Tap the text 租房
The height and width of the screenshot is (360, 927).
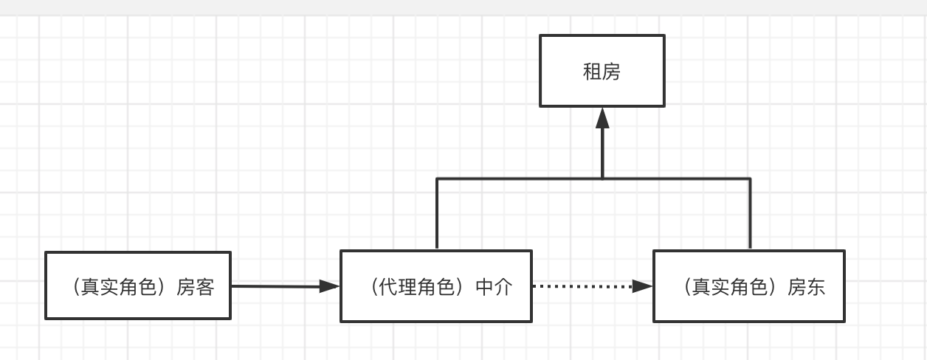(602, 72)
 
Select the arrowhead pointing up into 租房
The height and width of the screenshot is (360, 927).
(602, 118)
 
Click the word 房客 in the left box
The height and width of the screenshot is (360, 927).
(196, 287)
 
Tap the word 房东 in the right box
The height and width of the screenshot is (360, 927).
(807, 287)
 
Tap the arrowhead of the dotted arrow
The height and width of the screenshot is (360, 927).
(644, 286)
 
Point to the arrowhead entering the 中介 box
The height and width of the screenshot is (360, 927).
(329, 286)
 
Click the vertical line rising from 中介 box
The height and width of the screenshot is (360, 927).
(437, 214)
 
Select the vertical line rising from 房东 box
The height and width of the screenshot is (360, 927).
(750, 214)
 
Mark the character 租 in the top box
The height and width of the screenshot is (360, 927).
(592, 72)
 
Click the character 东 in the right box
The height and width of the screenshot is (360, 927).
(816, 287)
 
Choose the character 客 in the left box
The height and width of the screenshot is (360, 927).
(204, 287)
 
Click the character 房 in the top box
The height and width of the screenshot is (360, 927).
(611, 72)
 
